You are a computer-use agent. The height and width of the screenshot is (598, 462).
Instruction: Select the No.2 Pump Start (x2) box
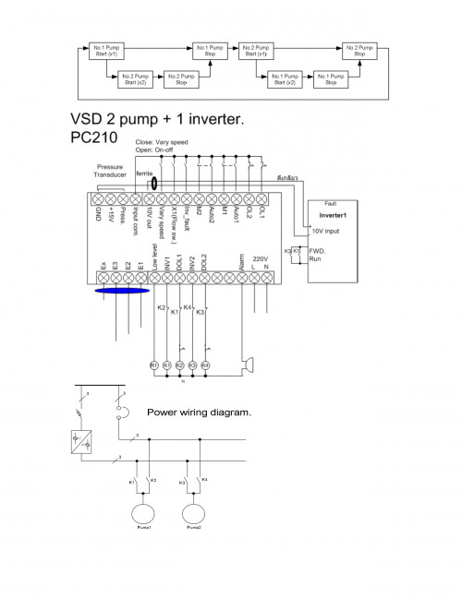click(x=136, y=79)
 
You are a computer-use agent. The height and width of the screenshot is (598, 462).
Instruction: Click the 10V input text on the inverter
click(x=325, y=231)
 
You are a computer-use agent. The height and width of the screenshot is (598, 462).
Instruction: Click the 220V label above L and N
click(x=260, y=258)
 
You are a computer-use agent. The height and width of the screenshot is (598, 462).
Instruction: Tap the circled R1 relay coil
click(x=154, y=365)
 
